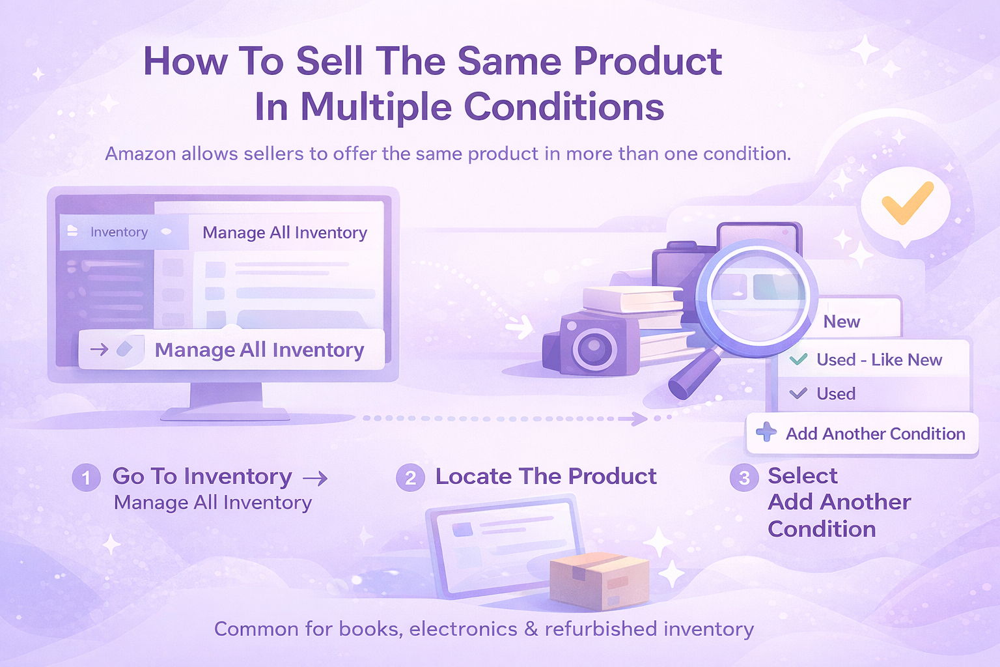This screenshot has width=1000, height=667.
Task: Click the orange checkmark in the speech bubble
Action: click(906, 203)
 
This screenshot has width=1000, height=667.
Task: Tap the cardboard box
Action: click(599, 581)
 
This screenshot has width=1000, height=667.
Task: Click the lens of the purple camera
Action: click(594, 347)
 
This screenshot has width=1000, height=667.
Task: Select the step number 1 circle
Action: click(86, 477)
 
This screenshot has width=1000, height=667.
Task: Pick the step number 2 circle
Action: click(410, 477)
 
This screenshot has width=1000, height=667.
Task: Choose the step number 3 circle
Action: click(743, 477)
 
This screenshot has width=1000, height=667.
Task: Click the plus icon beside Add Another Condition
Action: click(766, 432)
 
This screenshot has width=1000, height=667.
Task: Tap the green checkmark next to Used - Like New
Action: click(798, 359)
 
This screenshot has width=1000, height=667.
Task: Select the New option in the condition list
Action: click(842, 322)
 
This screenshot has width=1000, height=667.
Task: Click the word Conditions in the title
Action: click(564, 107)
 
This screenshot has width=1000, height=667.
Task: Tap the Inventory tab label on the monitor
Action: click(118, 233)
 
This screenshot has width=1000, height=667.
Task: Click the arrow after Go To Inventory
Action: click(315, 479)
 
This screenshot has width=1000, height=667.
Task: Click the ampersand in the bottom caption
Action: click(531, 629)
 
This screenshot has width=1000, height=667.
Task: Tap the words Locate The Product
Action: click(546, 477)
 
